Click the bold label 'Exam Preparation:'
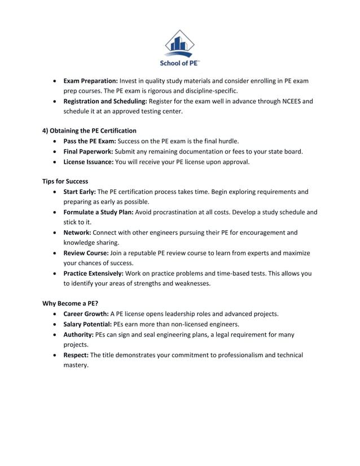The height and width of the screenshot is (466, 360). tap(90, 81)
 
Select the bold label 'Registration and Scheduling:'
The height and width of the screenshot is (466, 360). tap(105, 102)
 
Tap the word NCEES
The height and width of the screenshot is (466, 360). tap(301, 102)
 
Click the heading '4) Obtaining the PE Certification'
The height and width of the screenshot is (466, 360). tap(90, 131)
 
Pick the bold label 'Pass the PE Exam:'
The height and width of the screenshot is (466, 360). tap(89, 141)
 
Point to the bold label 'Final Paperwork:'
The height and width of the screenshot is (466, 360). tap(88, 151)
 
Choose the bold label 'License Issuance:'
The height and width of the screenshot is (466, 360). tap(89, 162)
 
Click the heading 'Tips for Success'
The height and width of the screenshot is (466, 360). tap(65, 182)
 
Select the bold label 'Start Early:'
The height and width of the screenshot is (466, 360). tap(80, 192)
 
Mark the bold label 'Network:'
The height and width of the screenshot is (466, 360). tap(77, 232)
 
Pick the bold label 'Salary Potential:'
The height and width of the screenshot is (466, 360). tap(88, 324)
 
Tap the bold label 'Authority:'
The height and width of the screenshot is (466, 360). tap(78, 335)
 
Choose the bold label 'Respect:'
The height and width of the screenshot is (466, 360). tap(76, 355)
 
